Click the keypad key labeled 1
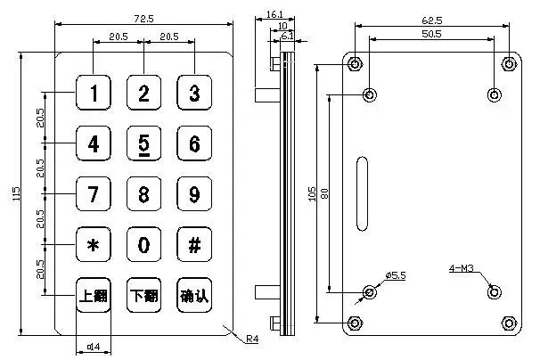click(94, 93)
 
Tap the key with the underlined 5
click(143, 143)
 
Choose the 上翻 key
click(94, 296)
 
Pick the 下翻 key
click(143, 296)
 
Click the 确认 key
click(194, 296)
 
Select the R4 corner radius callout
click(252, 338)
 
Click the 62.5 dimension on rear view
click(432, 19)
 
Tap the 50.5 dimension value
click(432, 34)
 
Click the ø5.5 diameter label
click(396, 275)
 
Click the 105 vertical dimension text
click(312, 192)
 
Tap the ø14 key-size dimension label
click(93, 348)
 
